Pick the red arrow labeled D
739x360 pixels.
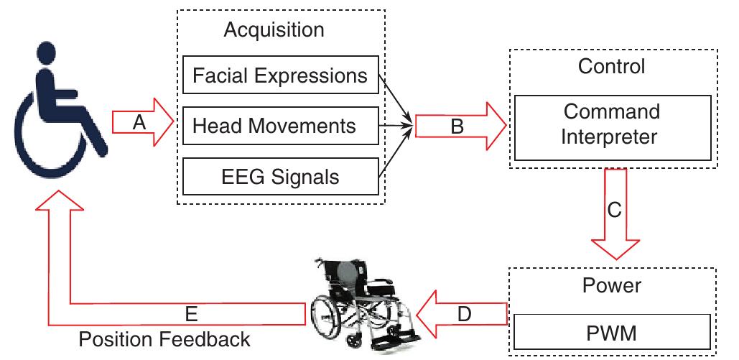(464, 313)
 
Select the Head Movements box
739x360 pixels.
(280, 126)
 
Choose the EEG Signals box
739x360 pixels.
(280, 176)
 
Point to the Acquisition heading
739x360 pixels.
(274, 30)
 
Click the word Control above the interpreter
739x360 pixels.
(611, 66)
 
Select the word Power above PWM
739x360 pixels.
(611, 285)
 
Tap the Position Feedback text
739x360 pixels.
(164, 338)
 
